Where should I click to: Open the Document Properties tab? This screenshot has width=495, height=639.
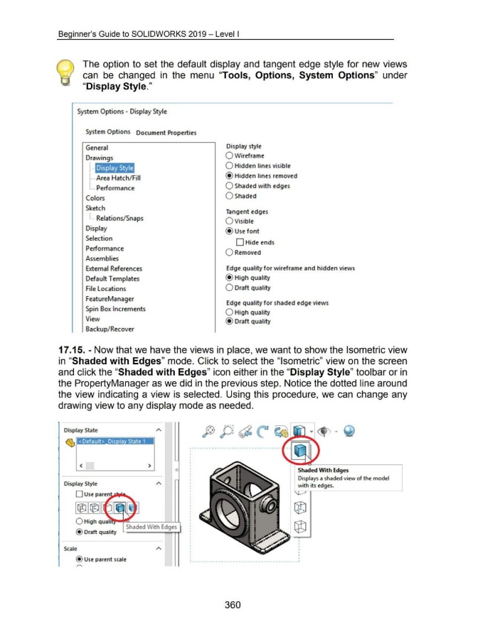click(x=166, y=133)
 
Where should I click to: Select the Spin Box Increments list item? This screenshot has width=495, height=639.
click(x=116, y=309)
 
